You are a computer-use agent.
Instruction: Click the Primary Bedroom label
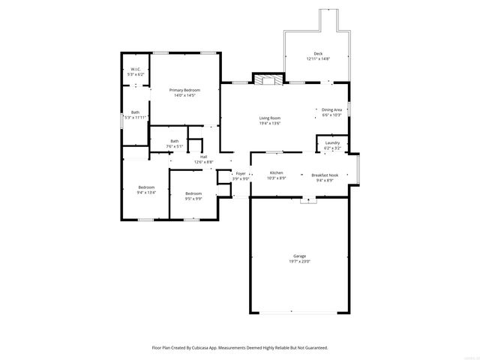[x=184, y=90]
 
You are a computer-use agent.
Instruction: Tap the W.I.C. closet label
[x=136, y=69]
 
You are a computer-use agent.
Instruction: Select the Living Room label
[x=270, y=118]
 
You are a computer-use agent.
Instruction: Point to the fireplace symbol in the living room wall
[x=268, y=79]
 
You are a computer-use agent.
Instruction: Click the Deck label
[x=318, y=53]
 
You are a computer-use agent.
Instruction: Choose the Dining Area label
[x=331, y=109]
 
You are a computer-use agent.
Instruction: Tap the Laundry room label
[x=332, y=142]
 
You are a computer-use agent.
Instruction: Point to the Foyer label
[x=240, y=173]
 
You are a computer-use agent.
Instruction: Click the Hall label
[x=203, y=157]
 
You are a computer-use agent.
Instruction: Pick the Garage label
[x=299, y=256]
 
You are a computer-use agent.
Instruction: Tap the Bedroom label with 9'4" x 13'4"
[x=146, y=187]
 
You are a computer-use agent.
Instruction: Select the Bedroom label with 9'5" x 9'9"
[x=193, y=193]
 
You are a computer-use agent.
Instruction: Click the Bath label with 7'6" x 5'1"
[x=174, y=141]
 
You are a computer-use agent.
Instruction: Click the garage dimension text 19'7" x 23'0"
[x=299, y=262]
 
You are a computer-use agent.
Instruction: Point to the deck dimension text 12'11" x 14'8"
[x=318, y=58]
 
